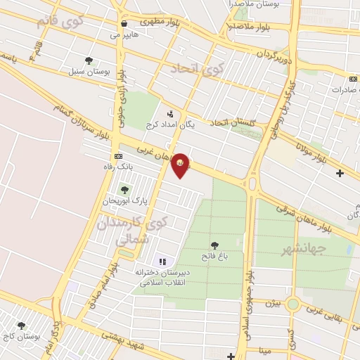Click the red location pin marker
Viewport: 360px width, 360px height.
click(181, 164)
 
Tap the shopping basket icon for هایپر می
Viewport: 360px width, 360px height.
click(124, 22)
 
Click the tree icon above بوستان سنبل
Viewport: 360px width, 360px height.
click(88, 60)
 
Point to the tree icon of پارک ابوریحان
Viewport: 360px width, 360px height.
click(124, 190)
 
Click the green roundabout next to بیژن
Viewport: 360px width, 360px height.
click(292, 304)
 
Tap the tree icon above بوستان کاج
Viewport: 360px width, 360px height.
click(21, 326)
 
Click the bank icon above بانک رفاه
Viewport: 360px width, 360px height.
click(117, 155)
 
